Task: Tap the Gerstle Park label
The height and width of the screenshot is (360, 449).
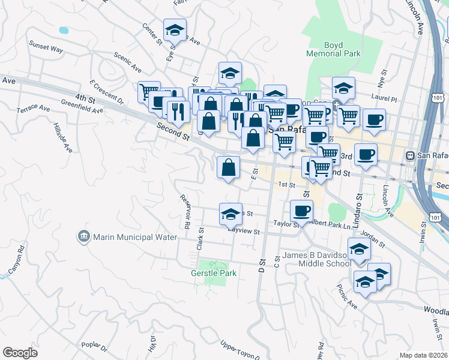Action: click(x=214, y=273)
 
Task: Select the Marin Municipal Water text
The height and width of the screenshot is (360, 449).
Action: click(x=135, y=237)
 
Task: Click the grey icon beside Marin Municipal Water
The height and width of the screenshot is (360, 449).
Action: click(x=84, y=237)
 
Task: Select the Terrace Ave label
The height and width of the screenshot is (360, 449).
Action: click(x=33, y=109)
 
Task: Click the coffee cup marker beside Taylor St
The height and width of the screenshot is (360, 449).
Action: click(x=301, y=210)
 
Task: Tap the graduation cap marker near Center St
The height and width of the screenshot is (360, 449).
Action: click(x=175, y=29)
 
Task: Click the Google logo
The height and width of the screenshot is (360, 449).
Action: click(x=20, y=353)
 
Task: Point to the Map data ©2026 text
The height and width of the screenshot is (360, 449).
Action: click(x=423, y=355)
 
